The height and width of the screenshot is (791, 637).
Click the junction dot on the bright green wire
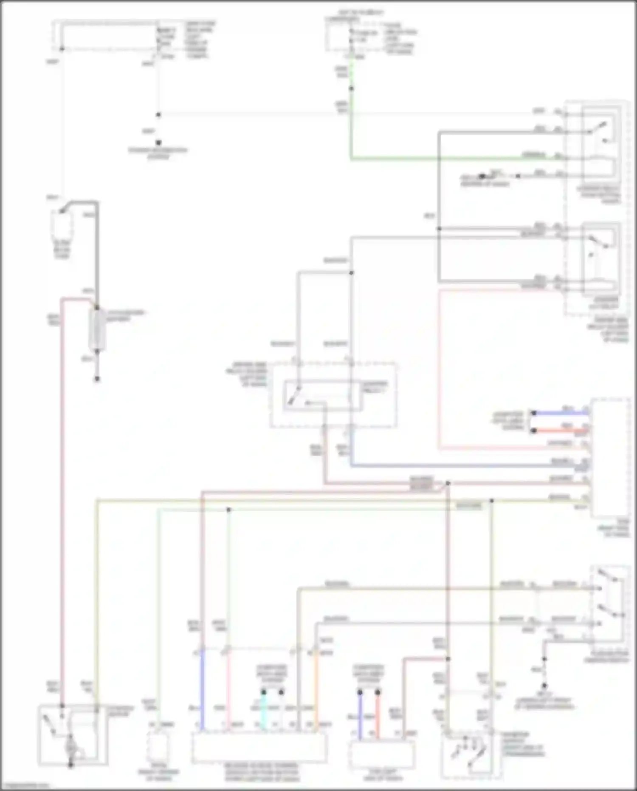click(351, 88)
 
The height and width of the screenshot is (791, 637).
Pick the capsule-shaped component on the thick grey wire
click(97, 330)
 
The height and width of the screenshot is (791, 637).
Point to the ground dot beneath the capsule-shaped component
click(97, 379)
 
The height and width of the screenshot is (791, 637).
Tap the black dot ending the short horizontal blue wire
click(534, 413)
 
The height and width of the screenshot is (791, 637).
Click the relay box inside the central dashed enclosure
click(323, 396)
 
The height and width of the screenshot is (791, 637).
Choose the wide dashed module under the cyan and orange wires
click(259, 747)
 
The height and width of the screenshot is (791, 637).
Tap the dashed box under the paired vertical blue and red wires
click(381, 754)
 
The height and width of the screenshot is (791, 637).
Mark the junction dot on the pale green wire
click(228, 509)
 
